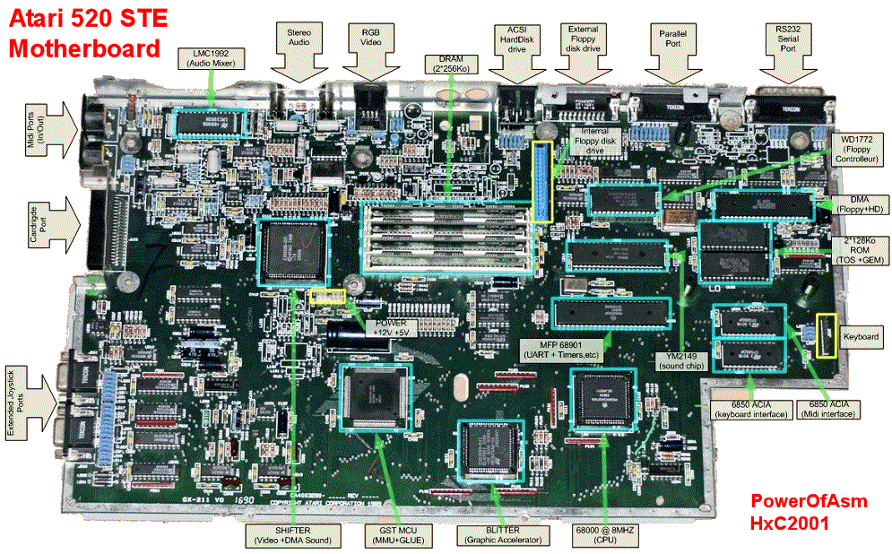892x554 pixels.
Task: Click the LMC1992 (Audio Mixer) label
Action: coord(211,57)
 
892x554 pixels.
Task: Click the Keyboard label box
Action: coord(862,336)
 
